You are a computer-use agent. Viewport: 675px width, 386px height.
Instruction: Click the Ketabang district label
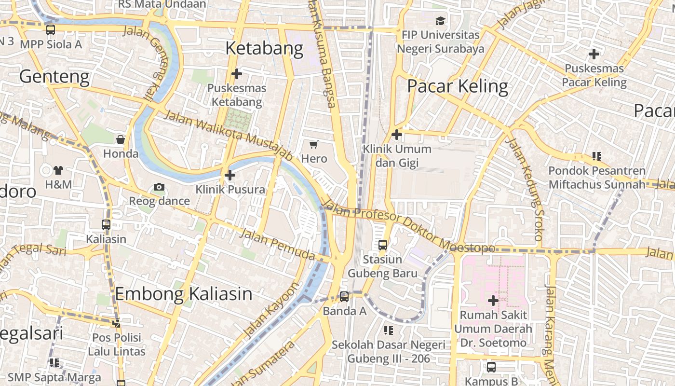point(264,48)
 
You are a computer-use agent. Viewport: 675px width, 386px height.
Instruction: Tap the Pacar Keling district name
point(458,86)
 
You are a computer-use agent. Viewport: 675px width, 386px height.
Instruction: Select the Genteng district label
point(54,76)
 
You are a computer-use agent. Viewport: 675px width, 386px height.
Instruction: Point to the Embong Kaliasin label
point(184,293)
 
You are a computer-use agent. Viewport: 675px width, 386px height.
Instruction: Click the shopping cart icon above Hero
point(314,144)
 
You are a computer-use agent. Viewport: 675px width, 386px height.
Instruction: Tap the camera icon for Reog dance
point(159,187)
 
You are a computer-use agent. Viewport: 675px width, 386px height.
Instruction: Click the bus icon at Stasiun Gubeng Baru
point(383,245)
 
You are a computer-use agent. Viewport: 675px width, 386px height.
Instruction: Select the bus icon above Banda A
point(344,297)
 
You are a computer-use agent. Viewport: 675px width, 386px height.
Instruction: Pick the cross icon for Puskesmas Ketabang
point(236,74)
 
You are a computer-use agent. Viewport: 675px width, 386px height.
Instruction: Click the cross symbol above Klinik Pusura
point(230,175)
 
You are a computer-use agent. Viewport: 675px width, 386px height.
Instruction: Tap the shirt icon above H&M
point(58,170)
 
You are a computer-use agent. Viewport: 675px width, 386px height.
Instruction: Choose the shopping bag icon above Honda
point(121,139)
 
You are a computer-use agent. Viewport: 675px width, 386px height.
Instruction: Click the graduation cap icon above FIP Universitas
point(441,21)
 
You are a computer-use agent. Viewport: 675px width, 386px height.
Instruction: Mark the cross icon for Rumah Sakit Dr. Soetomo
point(493,301)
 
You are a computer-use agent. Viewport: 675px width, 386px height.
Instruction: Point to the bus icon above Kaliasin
point(106,224)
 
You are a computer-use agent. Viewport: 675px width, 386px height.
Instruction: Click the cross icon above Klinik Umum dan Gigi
point(397,134)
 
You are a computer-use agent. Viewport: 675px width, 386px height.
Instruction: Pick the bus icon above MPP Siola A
point(51,30)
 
